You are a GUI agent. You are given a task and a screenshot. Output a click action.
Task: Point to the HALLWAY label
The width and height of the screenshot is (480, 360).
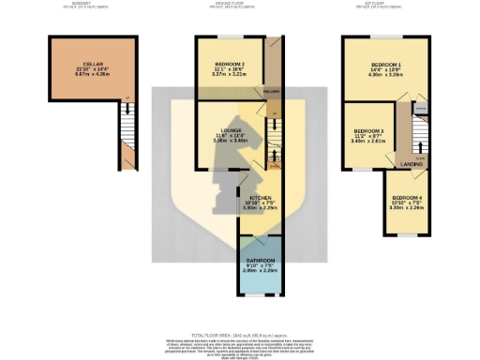click(x=272, y=92)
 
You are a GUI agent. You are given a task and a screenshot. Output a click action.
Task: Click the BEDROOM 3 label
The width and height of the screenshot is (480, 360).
click(x=368, y=130)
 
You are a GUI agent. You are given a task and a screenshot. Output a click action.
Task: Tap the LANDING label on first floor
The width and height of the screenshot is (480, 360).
click(x=409, y=163)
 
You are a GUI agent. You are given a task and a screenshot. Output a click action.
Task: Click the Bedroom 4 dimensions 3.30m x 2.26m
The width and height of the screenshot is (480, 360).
click(x=406, y=210)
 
